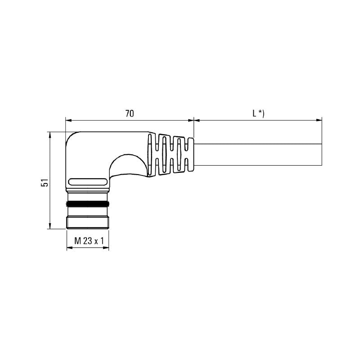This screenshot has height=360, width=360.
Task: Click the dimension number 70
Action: (x=129, y=113)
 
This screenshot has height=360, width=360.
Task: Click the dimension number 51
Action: (x=44, y=182)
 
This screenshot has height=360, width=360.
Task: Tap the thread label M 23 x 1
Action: (x=88, y=241)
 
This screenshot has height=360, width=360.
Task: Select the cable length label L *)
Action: (x=258, y=113)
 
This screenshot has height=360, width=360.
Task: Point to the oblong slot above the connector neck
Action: (x=88, y=182)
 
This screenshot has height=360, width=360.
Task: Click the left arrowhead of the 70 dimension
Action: (x=68, y=120)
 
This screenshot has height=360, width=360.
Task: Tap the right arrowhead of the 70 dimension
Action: (x=191, y=120)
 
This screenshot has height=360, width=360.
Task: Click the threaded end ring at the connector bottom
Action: (x=88, y=222)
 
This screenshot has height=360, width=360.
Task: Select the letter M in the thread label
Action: (x=76, y=241)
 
